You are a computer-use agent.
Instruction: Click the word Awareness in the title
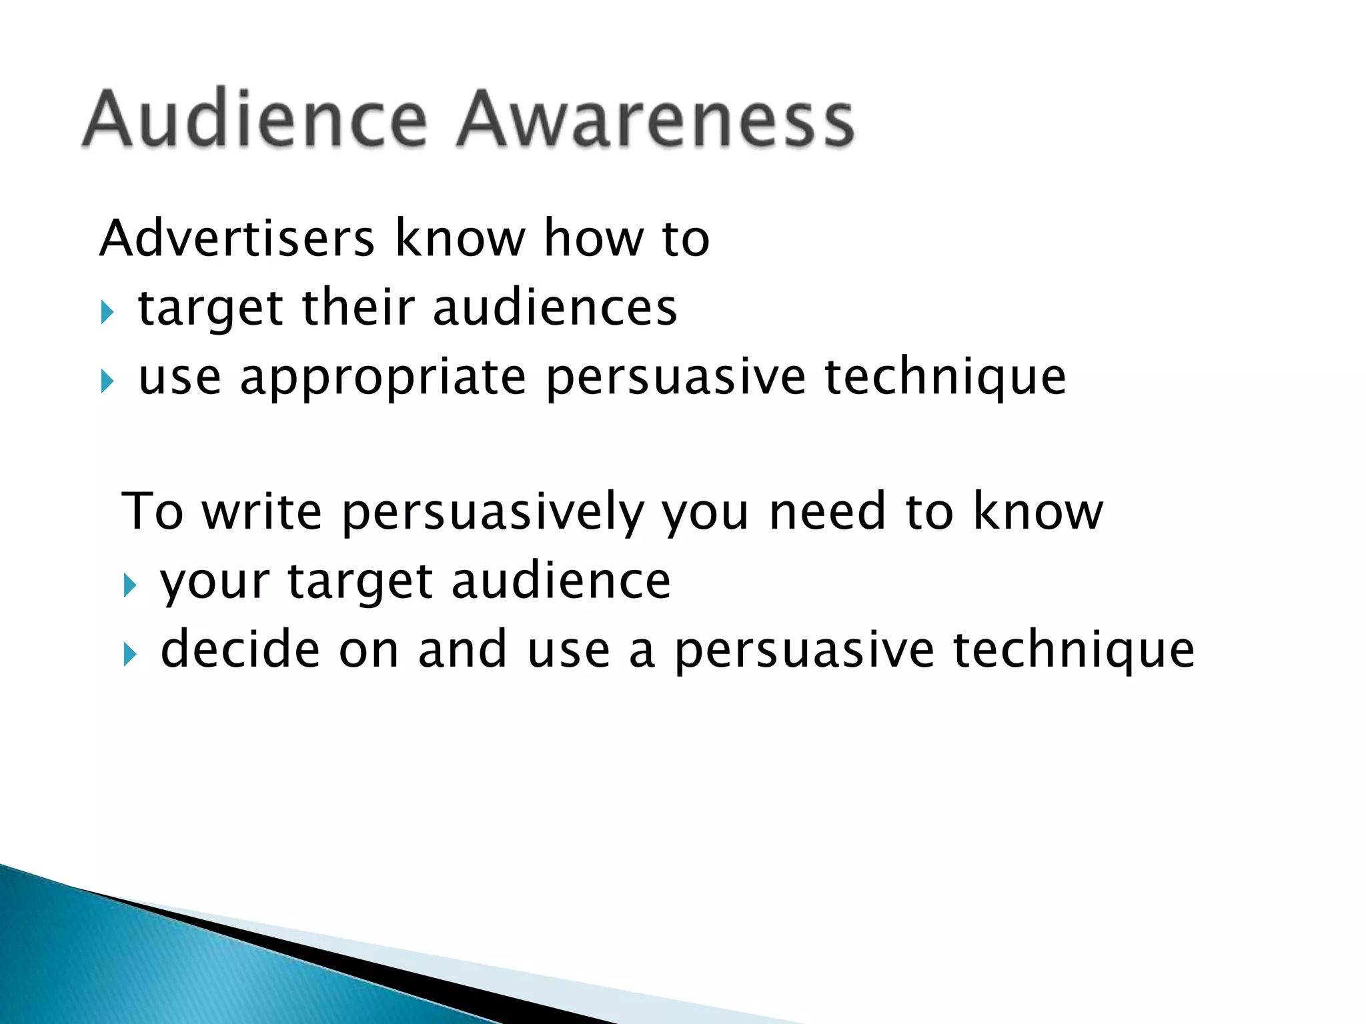click(656, 120)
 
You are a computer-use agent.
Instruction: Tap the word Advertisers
click(237, 238)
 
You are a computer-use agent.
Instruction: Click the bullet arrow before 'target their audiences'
click(107, 312)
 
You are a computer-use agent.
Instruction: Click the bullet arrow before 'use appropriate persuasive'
click(107, 381)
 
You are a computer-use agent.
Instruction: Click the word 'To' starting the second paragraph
click(152, 511)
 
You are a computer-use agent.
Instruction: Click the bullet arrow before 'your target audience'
click(130, 586)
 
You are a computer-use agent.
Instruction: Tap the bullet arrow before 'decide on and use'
click(130, 655)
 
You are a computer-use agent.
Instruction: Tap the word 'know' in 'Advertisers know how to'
click(460, 238)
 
